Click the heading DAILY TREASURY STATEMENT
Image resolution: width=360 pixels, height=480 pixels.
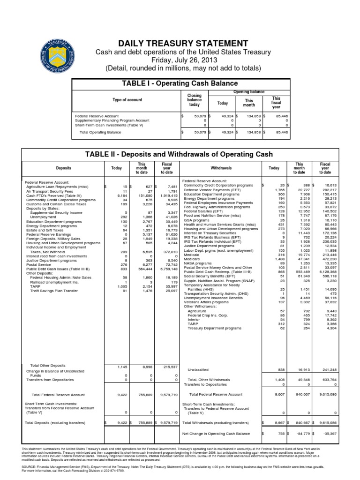[180, 43]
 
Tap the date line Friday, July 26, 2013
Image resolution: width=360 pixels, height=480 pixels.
[180, 60]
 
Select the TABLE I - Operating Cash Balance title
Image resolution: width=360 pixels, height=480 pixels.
[180, 83]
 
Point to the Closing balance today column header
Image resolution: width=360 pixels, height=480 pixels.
[194, 100]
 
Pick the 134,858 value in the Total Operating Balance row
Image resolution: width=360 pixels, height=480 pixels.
[250, 133]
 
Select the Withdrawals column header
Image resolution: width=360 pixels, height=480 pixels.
[221, 167]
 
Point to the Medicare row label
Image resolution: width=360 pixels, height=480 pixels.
[192, 258]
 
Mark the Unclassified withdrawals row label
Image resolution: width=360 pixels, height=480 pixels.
[198, 369]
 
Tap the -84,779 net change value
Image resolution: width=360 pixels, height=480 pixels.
[296, 434]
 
